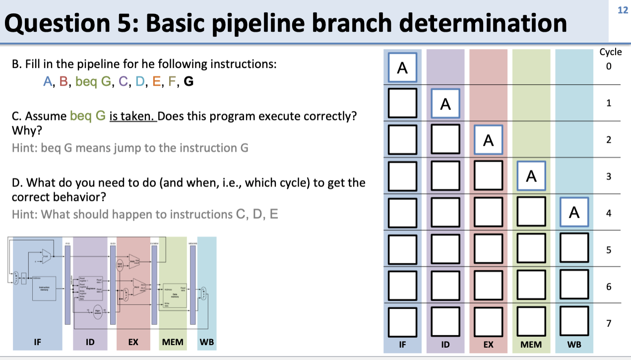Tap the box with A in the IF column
pyautogui.click(x=402, y=67)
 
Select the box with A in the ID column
pyautogui.click(x=445, y=104)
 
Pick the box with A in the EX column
pyautogui.click(x=489, y=140)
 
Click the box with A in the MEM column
pyautogui.click(x=531, y=177)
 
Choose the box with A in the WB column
pyautogui.click(x=574, y=213)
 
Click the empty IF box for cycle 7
pyautogui.click(x=402, y=322)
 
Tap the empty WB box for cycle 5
pyautogui.click(x=574, y=249)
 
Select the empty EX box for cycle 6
pyautogui.click(x=489, y=286)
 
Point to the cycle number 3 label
pyautogui.click(x=608, y=177)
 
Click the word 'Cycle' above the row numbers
pyautogui.click(x=610, y=52)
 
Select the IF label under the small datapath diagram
pyautogui.click(x=37, y=342)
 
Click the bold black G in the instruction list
pyautogui.click(x=188, y=82)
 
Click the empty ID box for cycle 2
pyautogui.click(x=445, y=140)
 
